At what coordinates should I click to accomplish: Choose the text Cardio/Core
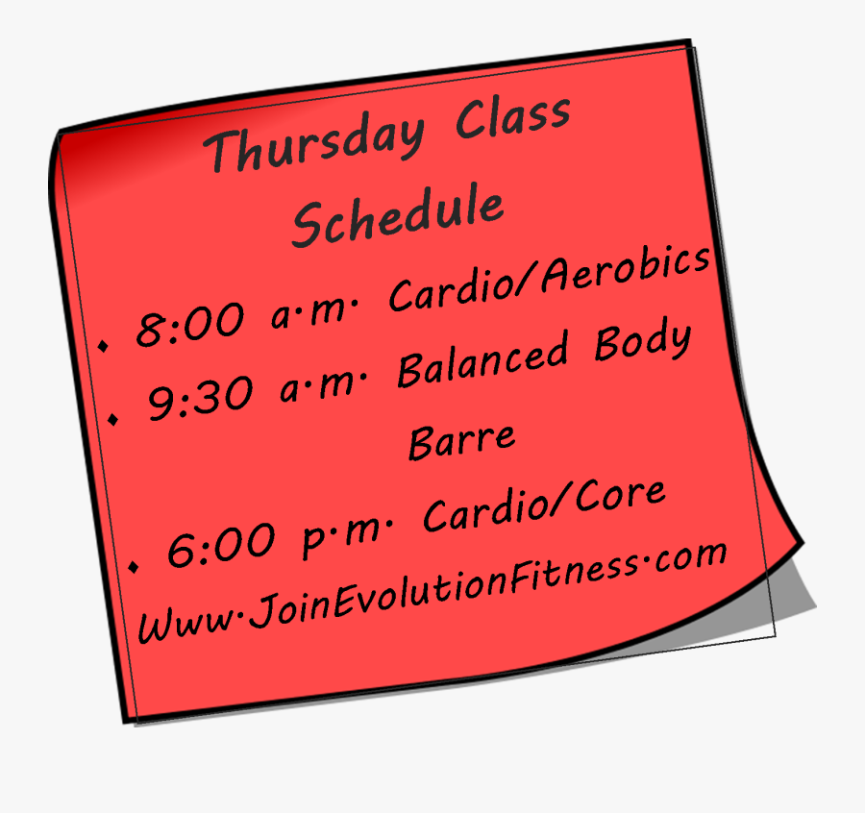[544, 508]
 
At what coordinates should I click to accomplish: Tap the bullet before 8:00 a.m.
[104, 344]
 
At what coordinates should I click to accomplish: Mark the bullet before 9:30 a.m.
[115, 419]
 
